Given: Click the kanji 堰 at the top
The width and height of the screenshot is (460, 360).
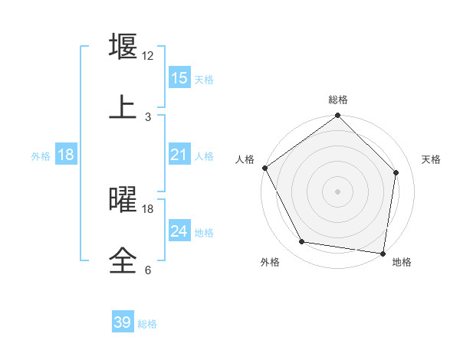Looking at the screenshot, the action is coord(123,47).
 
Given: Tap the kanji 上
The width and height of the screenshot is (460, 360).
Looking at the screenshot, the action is coord(123,107).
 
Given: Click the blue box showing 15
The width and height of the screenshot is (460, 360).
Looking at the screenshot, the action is coord(179,78).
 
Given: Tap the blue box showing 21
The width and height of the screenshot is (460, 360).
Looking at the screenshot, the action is coord(179,155).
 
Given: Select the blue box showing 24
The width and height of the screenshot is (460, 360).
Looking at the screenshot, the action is coord(179,231).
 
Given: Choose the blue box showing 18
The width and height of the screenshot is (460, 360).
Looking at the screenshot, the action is coord(66,155).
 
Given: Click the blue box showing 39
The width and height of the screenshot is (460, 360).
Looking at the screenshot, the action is coord(123,322).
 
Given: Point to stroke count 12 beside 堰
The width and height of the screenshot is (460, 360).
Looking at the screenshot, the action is coord(148,56).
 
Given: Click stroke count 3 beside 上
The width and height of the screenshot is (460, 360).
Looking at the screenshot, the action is coord(148,117).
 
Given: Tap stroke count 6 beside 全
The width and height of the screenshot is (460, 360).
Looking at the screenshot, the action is coord(148,270).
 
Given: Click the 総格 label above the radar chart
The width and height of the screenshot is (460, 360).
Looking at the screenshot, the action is coord(338,100).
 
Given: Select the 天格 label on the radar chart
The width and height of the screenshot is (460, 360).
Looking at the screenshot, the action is coord(431,159).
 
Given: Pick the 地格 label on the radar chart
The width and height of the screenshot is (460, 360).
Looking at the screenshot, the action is coord(402,262).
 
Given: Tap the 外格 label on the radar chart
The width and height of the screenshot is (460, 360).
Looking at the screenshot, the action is coord(270,262).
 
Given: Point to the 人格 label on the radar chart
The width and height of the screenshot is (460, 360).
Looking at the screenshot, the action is coord(245,159).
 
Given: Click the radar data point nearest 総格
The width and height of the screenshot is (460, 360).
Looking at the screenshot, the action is coord(338,116).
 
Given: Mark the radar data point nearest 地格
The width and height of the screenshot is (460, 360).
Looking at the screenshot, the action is coord(383,253).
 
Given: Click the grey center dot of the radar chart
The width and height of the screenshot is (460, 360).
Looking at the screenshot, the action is coord(338,191).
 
